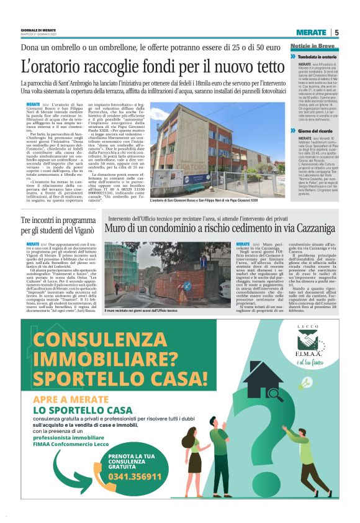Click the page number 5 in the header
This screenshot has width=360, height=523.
(336, 33)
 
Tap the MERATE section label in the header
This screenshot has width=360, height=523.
(310, 33)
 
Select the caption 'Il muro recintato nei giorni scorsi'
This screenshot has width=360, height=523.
(145, 310)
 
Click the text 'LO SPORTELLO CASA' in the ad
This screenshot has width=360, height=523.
(83, 411)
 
